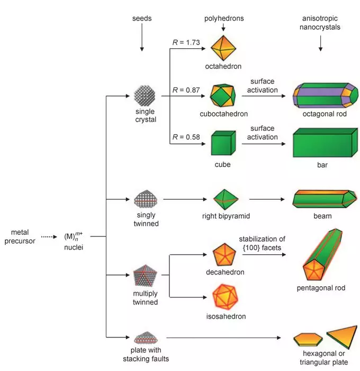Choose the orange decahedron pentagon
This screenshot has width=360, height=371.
pos(223,255)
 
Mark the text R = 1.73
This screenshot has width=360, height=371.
pos(185,42)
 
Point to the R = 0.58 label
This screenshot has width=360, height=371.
pos(185,136)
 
